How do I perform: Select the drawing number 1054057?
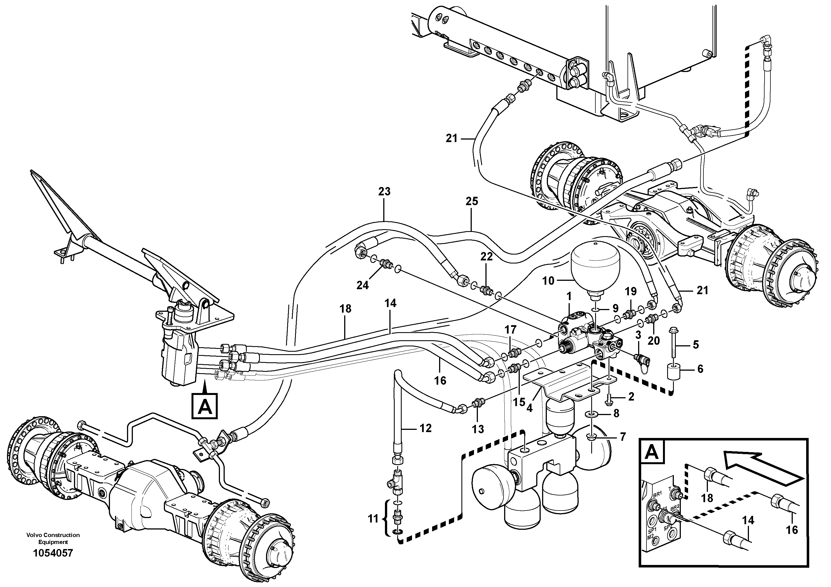click(x=53, y=553)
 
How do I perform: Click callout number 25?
click(x=471, y=201)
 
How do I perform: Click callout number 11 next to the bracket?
click(x=373, y=519)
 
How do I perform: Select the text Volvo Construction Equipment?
click(x=53, y=538)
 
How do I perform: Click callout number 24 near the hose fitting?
click(x=362, y=285)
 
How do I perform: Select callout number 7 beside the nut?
click(x=622, y=437)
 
